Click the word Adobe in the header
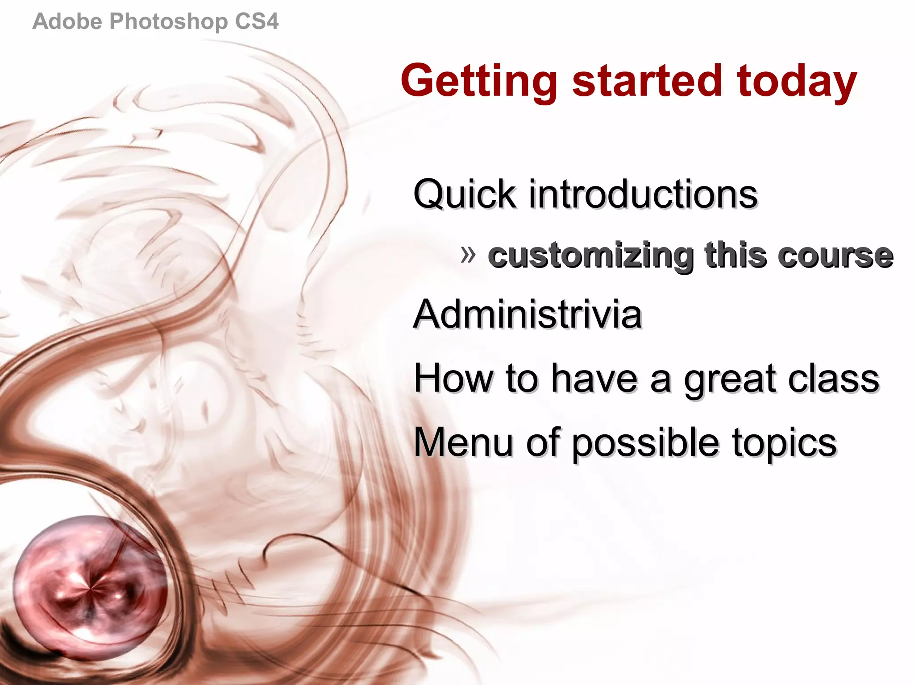click(67, 21)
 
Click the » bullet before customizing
click(468, 255)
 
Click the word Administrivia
click(528, 314)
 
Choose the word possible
click(645, 443)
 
